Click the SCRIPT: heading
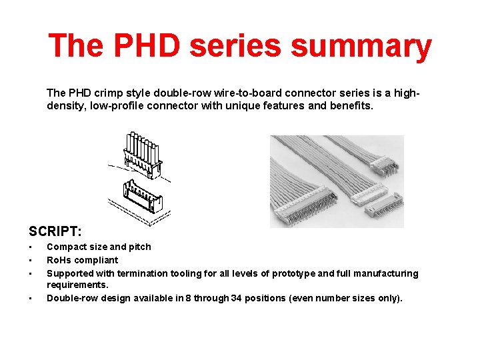coord(55,231)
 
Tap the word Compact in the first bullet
coord(66,247)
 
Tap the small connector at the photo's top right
coord(387,164)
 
